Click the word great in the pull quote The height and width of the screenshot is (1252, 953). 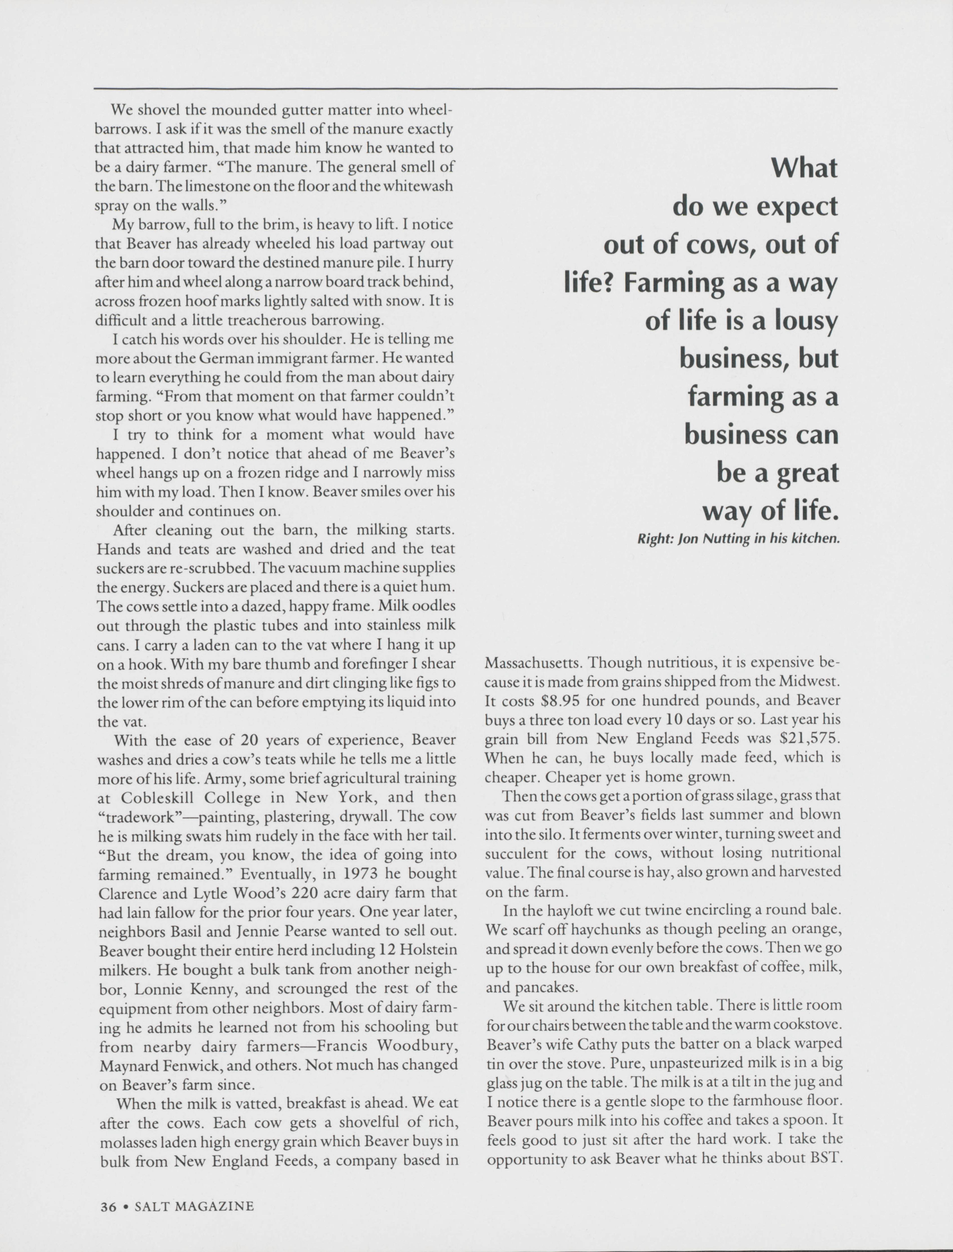point(808,473)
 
